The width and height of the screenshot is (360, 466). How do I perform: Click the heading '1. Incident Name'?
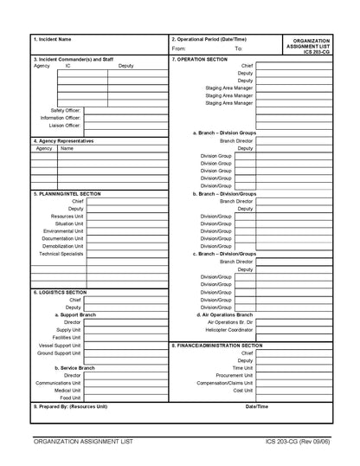52,39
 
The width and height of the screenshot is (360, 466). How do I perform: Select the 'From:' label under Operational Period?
179,49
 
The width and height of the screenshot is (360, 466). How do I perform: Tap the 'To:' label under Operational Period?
239,49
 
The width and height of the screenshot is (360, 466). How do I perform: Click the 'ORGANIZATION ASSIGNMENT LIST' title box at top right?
312,45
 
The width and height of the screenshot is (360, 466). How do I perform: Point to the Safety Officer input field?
125,110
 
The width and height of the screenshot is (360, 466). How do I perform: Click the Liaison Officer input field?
125,126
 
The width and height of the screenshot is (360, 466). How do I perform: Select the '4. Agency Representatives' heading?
63,140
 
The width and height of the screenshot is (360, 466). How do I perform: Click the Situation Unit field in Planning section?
125,223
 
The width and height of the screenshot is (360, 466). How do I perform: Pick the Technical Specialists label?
61,254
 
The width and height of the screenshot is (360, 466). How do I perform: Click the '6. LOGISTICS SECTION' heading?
60,292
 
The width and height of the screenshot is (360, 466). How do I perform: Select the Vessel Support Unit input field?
125,346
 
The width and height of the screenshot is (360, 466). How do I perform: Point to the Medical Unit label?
69,389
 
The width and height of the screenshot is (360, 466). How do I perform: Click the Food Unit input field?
125,398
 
